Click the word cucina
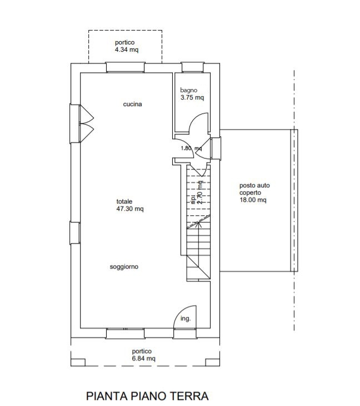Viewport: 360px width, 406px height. click(x=132, y=104)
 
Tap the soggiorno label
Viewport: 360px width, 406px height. click(x=124, y=267)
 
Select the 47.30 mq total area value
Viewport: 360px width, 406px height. click(x=130, y=209)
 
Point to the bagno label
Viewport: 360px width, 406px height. click(x=189, y=90)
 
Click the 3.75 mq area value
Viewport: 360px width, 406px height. click(x=192, y=98)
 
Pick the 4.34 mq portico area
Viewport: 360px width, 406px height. click(x=127, y=49)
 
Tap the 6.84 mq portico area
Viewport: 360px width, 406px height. click(x=144, y=358)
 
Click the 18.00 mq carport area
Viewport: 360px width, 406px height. click(x=253, y=200)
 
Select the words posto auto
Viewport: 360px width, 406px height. click(x=254, y=185)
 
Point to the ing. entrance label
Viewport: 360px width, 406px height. click(x=186, y=319)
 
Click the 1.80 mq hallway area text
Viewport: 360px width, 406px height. click(x=191, y=148)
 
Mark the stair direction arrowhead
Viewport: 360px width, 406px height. click(x=198, y=224)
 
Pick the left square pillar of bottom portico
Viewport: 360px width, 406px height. click(x=78, y=362)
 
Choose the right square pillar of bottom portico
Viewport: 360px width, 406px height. click(x=213, y=362)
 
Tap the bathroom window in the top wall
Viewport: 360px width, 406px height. click(x=192, y=67)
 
